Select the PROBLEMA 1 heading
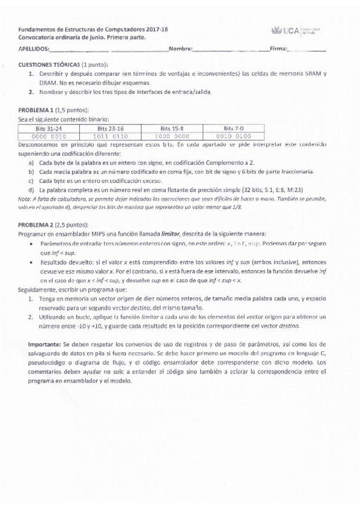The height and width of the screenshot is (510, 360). point(37,111)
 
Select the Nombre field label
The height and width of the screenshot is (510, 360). point(180,48)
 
